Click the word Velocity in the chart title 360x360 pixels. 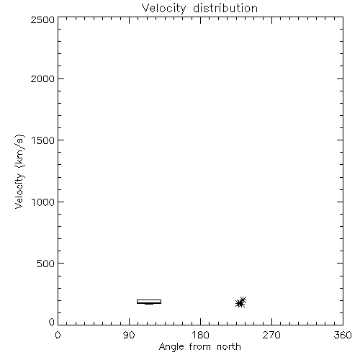tap(163, 9)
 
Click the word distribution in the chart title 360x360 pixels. tap(225, 8)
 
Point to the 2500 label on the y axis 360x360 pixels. tap(42, 19)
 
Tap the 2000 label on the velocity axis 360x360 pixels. tap(42, 78)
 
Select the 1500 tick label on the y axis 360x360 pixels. tap(43, 140)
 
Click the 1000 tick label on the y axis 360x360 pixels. tap(43, 202)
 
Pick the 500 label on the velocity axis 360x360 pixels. tap(46, 264)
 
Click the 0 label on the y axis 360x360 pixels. tap(52, 322)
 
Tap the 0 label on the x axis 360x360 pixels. tap(58, 335)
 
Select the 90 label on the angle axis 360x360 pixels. tap(129, 335)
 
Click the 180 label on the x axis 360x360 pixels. tap(200, 335)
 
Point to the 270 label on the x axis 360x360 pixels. tap(271, 335)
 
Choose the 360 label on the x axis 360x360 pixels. tap(343, 335)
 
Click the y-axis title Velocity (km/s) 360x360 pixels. tap(19, 171)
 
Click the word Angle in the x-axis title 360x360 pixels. tap(171, 347)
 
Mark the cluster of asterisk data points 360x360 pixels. tap(240, 302)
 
